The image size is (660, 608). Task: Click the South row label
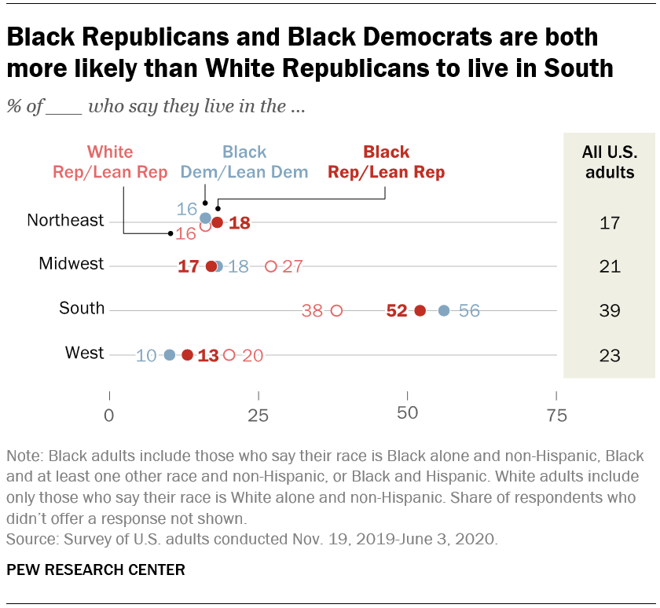[x=82, y=309]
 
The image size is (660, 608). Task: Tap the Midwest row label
[x=71, y=265]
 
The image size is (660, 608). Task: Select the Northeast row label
[x=65, y=221]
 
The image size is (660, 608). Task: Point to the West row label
[x=85, y=353]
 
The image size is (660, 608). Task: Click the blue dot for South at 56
[x=444, y=310]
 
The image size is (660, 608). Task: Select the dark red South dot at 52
[x=420, y=310]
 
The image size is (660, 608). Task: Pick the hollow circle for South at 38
[x=336, y=310]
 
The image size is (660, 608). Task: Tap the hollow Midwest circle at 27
[x=271, y=266]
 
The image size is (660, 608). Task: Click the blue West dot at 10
[x=169, y=355]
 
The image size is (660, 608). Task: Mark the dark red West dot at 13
[x=187, y=355]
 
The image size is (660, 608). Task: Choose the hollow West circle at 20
[x=229, y=355]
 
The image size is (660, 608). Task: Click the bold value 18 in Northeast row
[x=239, y=223]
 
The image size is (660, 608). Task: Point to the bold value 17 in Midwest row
[x=189, y=266]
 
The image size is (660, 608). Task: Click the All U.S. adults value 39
[x=610, y=311]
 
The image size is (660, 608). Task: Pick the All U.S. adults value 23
[x=610, y=356]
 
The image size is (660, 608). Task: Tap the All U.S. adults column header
[x=610, y=162]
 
